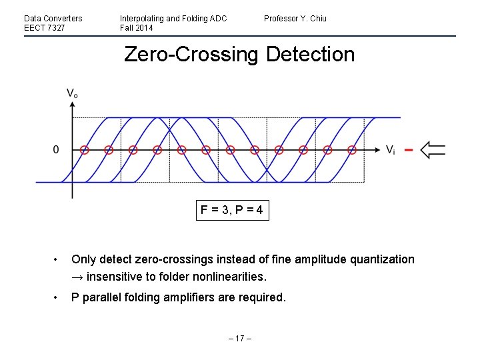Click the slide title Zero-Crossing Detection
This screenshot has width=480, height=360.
pos(239,54)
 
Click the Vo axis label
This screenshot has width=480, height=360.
pos(71,95)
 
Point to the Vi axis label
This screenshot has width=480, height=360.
pos(390,150)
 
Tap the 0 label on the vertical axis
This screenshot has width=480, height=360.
pos(57,150)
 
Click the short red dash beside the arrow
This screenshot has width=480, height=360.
pos(409,150)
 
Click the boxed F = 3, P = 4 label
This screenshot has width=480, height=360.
pos(233,211)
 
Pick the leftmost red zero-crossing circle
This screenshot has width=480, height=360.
pos(84,150)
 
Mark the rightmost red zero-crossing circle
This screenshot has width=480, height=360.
pos(352,150)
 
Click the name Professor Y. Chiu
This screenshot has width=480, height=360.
pos(295,18)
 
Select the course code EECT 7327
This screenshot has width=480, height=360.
pos(45,28)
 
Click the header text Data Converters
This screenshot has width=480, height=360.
pos(53,18)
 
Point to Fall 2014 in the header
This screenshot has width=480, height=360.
pos(136,28)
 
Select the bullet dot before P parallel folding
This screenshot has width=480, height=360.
pos(58,297)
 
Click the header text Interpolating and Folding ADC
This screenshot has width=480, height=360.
pos(173,18)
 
